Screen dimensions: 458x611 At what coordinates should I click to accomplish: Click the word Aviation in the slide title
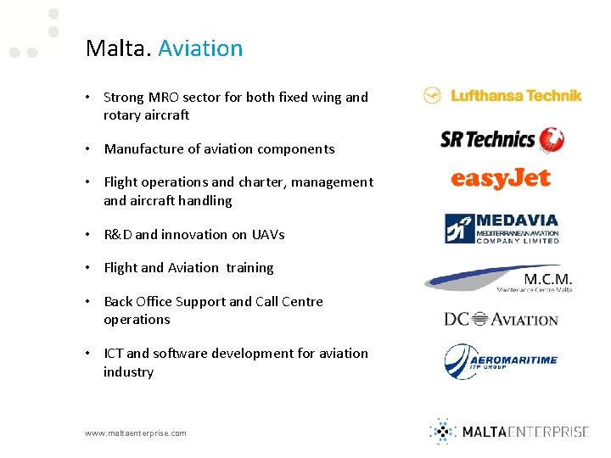pos(200,48)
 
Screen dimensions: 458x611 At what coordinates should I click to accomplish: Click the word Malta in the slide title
pos(118,48)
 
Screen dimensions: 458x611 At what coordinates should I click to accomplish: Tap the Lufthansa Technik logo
pos(503,96)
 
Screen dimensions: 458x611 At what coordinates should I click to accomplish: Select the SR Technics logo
pos(502,139)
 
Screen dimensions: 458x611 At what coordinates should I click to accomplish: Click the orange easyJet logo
pos(501,178)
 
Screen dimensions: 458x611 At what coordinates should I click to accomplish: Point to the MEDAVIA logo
pos(502,228)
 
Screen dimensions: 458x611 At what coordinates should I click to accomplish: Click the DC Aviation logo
pos(501,319)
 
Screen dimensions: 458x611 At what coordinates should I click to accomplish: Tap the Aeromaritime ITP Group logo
pos(501,360)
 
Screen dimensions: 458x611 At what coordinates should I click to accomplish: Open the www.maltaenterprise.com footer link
pos(136,433)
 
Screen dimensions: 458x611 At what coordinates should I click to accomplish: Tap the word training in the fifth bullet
pos(249,268)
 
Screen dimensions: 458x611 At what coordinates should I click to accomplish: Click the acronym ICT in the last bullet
pos(114,354)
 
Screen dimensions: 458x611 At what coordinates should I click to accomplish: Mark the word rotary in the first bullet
pos(123,115)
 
